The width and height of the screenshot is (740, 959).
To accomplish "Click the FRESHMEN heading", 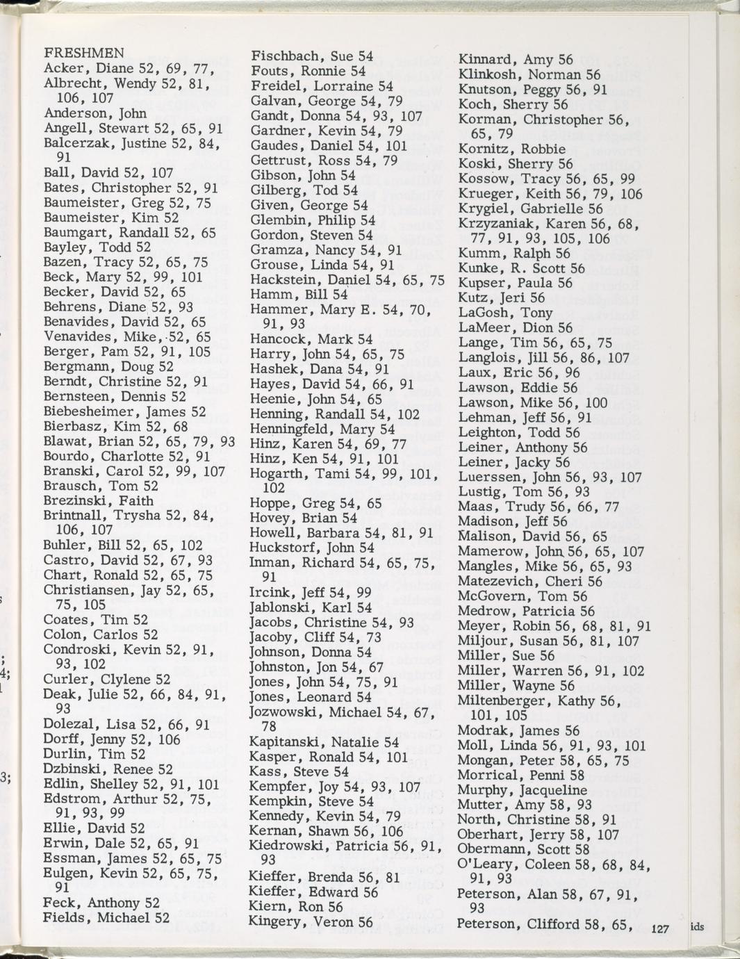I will pos(84,53).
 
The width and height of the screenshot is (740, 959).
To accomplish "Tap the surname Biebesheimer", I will pos(92,411).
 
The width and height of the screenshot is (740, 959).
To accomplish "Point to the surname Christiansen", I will pos(88,591).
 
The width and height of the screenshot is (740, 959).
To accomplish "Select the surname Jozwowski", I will pos(284,712).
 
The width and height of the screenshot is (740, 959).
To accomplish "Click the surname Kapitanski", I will pos(286,742).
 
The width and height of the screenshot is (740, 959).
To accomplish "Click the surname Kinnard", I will pos(485,60).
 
